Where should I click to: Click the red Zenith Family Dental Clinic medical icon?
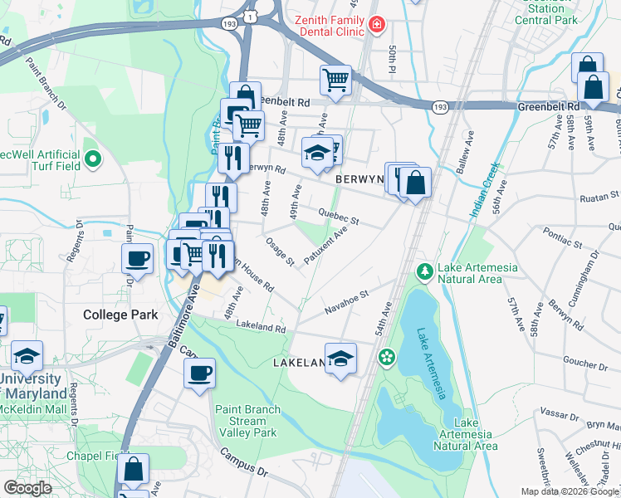377,25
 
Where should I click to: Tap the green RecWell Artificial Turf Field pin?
92,158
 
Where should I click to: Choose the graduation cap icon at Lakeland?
340,359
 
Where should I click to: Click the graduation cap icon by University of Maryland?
27,356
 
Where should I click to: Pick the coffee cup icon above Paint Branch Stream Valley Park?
198,373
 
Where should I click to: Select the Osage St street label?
280,251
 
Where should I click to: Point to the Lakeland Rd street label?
261,328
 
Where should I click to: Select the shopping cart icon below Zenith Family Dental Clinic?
335,81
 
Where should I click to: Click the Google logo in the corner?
28,488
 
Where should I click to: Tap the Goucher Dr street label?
585,364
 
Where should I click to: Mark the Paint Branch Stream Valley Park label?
247,421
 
